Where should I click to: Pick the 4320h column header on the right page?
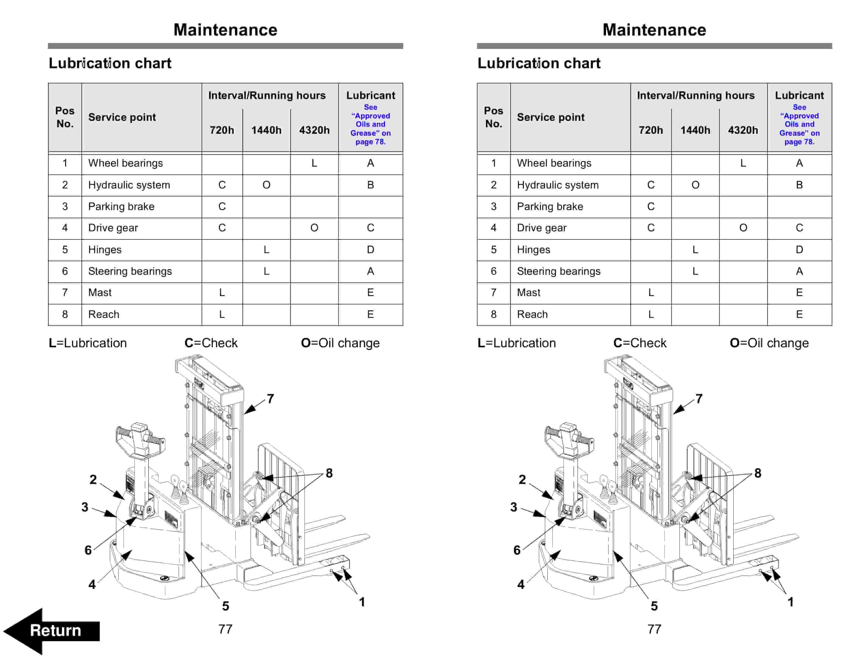click(743, 130)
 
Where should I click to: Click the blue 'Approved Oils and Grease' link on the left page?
click(370, 124)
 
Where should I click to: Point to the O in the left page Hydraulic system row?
click(266, 185)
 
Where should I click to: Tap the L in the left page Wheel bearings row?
click(314, 163)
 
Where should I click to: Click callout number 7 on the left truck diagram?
click(270, 399)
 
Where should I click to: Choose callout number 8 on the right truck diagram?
click(758, 473)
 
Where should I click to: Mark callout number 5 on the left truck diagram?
click(226, 606)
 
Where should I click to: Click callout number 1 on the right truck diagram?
click(790, 602)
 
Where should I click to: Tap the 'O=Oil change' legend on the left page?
click(340, 343)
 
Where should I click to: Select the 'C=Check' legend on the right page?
click(640, 343)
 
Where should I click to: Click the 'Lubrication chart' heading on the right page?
click(539, 63)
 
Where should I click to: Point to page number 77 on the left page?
click(226, 629)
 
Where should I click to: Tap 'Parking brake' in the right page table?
click(550, 207)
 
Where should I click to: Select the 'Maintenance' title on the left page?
click(225, 30)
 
